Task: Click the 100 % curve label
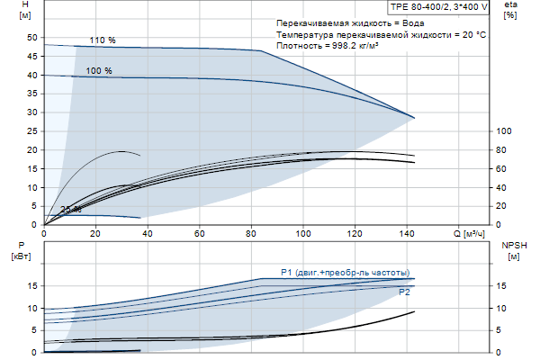click(99, 70)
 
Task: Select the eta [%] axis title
click(510, 12)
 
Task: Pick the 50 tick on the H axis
click(32, 38)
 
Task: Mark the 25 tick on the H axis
click(32, 131)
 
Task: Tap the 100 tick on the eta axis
click(504, 131)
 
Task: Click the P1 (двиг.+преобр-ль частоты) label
click(345, 272)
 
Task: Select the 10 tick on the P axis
click(32, 308)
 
